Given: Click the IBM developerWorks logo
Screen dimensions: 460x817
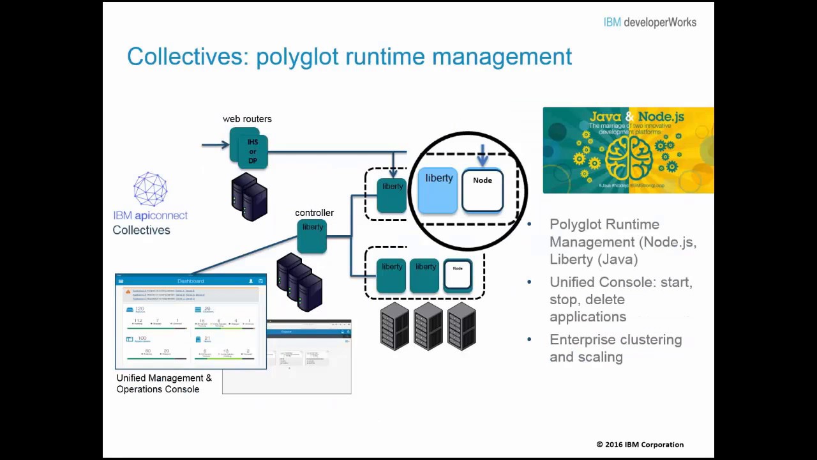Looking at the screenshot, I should (x=649, y=22).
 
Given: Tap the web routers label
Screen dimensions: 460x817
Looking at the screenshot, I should (x=247, y=119).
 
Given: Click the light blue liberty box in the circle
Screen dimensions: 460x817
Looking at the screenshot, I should (x=438, y=190).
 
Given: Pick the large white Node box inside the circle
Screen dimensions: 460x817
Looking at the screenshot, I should (x=483, y=190).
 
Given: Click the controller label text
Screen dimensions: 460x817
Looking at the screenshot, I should (x=314, y=213).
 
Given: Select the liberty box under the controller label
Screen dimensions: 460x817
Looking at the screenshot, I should (x=312, y=235).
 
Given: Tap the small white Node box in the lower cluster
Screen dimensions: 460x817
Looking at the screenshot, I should (x=458, y=275).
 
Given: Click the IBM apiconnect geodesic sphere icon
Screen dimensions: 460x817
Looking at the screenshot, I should (x=151, y=189).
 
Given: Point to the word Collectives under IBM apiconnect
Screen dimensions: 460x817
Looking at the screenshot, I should (x=141, y=230).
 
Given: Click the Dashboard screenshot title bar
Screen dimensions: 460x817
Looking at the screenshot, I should (x=190, y=280).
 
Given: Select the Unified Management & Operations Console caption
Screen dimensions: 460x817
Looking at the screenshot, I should (x=164, y=383).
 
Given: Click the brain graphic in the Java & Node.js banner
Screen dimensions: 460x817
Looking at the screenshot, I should (x=629, y=160).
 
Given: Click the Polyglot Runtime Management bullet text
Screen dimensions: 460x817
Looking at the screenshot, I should (x=622, y=241).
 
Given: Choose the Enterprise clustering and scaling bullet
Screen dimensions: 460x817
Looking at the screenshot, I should (x=615, y=348).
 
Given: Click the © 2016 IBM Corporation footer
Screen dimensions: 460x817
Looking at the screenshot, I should (x=640, y=445).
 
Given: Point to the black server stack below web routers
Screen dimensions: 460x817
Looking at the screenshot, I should (x=250, y=197).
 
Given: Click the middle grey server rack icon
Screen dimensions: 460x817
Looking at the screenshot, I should (x=428, y=326).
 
